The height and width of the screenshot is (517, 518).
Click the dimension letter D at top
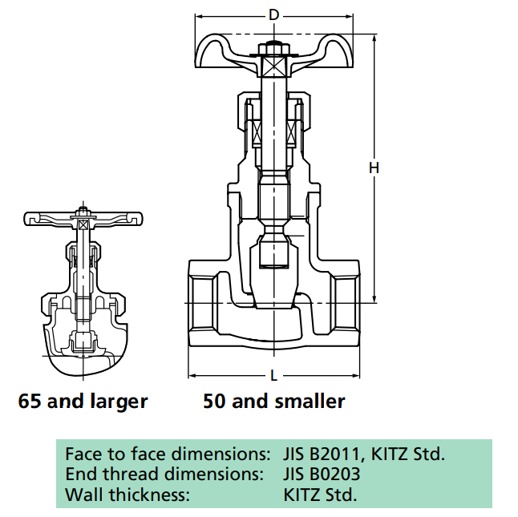pyautogui.click(x=273, y=14)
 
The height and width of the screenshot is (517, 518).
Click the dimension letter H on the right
pyautogui.click(x=374, y=168)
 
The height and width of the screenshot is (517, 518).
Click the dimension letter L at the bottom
pyautogui.click(x=273, y=375)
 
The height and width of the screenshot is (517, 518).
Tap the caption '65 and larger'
pyautogui.click(x=83, y=401)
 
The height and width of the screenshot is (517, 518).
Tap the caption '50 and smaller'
pyautogui.click(x=274, y=401)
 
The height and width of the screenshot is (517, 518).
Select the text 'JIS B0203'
pyautogui.click(x=322, y=474)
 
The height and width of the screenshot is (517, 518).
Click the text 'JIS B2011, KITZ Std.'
pyautogui.click(x=363, y=454)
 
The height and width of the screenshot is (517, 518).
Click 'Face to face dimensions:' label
pyautogui.click(x=168, y=454)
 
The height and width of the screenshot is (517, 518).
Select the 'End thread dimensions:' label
pyautogui.click(x=164, y=474)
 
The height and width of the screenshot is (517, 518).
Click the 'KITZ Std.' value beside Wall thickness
pyautogui.click(x=320, y=494)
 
